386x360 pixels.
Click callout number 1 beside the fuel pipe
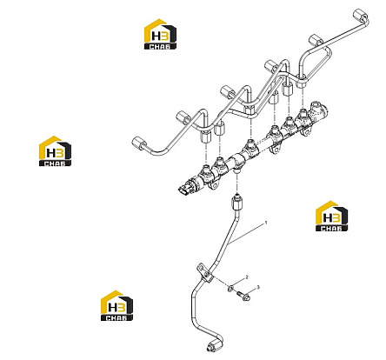(x=266, y=223)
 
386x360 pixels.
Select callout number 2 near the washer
(x=247, y=277)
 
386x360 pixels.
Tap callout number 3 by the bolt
(x=258, y=287)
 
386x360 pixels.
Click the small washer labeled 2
(x=231, y=289)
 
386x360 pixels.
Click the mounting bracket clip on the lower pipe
(x=204, y=272)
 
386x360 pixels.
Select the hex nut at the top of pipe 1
(x=237, y=203)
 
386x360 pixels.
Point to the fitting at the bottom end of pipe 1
(x=215, y=346)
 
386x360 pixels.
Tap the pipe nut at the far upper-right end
(x=360, y=16)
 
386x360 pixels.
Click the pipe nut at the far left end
(x=138, y=143)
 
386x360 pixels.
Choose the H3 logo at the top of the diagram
(x=160, y=34)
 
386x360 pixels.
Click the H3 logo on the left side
(x=55, y=151)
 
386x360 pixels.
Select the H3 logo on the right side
(x=331, y=216)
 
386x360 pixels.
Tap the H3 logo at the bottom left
(x=116, y=305)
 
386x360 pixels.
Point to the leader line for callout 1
(x=246, y=234)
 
